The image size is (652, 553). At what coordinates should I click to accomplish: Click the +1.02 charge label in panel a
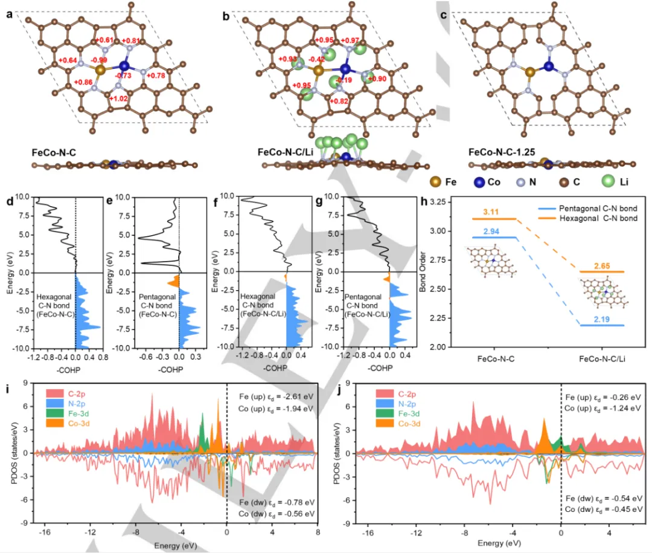click(x=121, y=98)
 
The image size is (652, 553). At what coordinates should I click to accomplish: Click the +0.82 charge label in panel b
click(x=339, y=102)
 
